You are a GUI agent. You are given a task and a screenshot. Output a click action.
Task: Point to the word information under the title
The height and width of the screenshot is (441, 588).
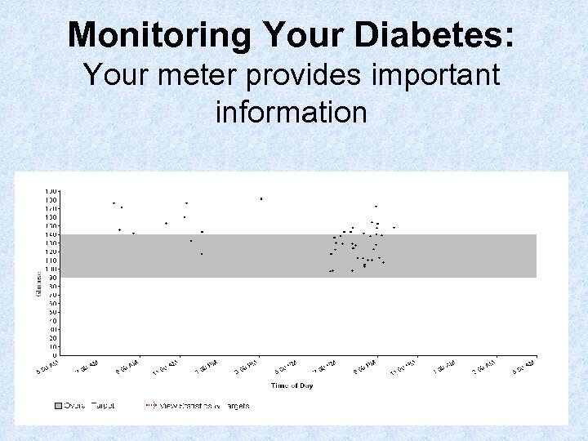tap(292, 111)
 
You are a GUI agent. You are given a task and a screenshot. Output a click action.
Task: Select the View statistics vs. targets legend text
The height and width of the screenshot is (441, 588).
tap(205, 405)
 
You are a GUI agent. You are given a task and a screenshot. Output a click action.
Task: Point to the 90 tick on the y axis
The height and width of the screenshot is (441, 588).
tap(53, 278)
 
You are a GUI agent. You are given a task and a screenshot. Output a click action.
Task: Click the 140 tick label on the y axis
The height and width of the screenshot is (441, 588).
tap(51, 234)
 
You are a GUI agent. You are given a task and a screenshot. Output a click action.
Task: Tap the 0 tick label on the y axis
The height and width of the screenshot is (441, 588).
tap(55, 355)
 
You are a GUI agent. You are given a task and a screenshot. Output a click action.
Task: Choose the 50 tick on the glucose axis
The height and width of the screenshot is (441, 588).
tap(53, 312)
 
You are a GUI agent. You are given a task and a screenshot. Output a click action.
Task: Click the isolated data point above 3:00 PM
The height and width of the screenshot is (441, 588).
tap(261, 198)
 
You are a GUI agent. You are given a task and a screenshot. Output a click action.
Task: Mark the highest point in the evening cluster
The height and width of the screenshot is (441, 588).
tap(376, 207)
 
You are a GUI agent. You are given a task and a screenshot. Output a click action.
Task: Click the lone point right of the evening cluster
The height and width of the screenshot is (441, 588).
tap(394, 227)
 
